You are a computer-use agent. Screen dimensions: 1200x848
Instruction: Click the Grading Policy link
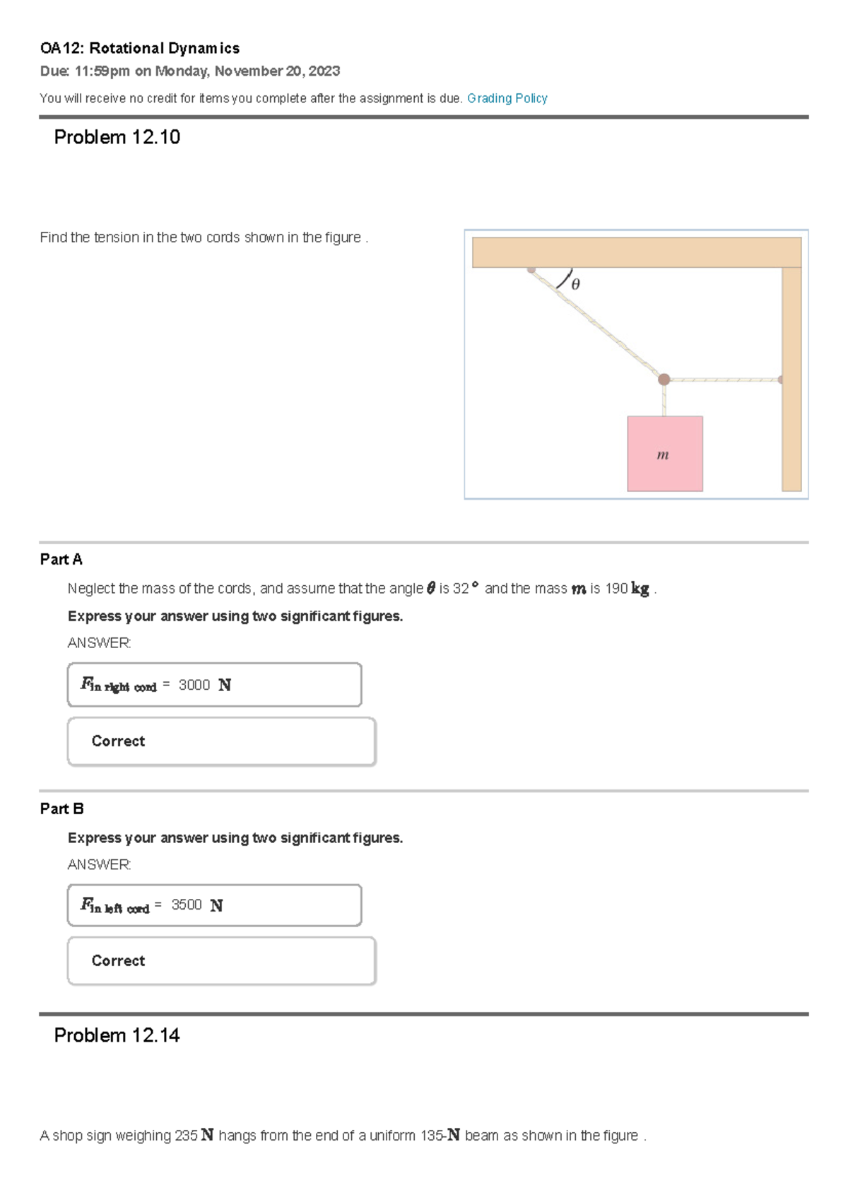(x=507, y=98)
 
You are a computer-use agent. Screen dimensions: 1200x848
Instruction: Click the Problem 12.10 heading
(x=117, y=137)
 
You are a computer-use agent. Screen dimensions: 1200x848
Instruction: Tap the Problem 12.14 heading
(x=117, y=1035)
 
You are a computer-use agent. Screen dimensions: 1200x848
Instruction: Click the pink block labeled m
(x=664, y=454)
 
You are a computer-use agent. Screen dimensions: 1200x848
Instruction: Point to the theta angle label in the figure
(x=575, y=284)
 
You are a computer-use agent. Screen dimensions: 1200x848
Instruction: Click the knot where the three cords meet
(x=664, y=380)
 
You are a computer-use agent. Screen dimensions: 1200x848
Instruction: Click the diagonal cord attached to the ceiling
(x=597, y=324)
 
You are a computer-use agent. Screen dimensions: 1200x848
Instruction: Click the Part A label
(x=61, y=559)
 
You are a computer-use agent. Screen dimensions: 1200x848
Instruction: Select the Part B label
(x=61, y=808)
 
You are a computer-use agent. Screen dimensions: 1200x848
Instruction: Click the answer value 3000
(x=194, y=685)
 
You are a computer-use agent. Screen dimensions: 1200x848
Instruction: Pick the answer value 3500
(x=187, y=905)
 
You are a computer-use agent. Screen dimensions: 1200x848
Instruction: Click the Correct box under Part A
(x=221, y=741)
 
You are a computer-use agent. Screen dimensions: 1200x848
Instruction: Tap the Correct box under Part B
(x=221, y=961)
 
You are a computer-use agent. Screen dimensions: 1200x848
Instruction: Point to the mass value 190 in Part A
(x=616, y=589)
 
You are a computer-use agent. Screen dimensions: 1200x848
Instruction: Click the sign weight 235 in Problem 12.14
(x=186, y=1136)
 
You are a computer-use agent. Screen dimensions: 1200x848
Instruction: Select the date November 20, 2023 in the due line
(x=277, y=71)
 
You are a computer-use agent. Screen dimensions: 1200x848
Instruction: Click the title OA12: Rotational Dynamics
(x=140, y=48)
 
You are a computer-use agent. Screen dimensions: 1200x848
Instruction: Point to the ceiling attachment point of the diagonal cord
(x=531, y=269)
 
